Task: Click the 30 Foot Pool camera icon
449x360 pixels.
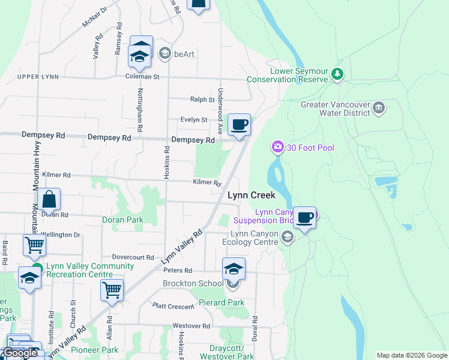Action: tap(277, 146)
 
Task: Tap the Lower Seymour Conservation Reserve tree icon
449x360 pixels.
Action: tap(337, 75)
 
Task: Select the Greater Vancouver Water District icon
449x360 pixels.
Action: tap(379, 108)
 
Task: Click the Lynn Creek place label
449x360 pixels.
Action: tap(251, 195)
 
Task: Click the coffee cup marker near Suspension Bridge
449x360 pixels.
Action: tap(304, 218)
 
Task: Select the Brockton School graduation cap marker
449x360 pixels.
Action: tap(234, 269)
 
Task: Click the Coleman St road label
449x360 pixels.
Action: tap(142, 77)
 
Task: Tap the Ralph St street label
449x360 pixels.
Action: tap(202, 100)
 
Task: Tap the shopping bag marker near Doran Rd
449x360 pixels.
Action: tap(49, 200)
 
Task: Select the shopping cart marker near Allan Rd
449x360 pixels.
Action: tap(112, 290)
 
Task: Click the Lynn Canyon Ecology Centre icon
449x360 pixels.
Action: tap(287, 238)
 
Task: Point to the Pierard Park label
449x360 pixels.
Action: tap(221, 302)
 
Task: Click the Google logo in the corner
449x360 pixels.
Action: tap(20, 353)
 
